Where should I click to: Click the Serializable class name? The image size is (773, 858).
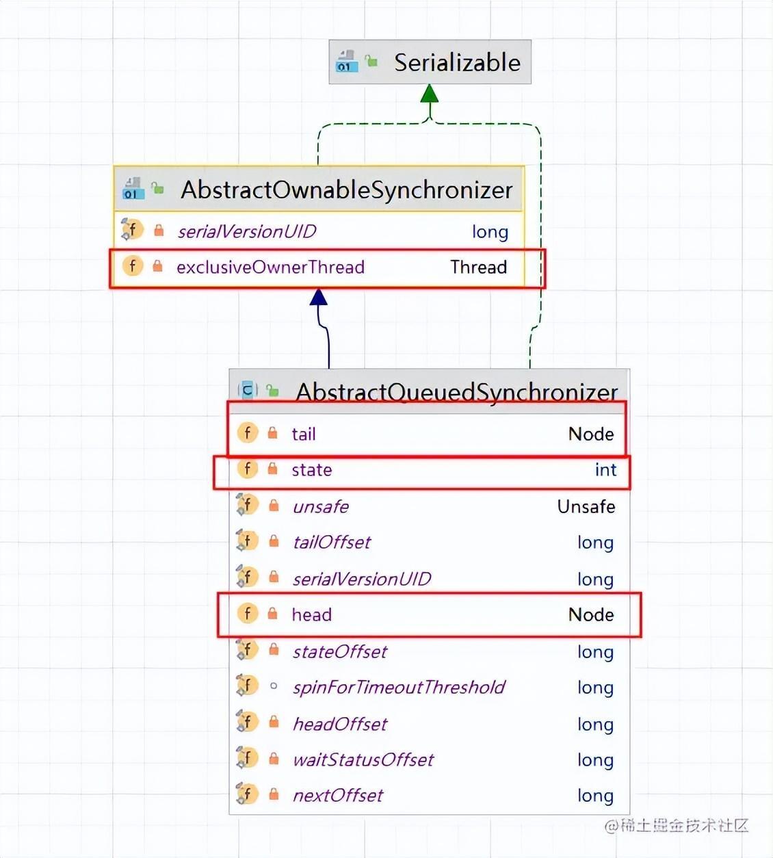(457, 63)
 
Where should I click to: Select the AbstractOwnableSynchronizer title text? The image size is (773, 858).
(346, 190)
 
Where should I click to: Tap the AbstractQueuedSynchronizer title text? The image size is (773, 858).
(456, 392)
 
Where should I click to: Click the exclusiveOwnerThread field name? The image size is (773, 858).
(270, 267)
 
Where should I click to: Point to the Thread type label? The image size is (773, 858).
(478, 267)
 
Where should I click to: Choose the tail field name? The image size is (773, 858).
(303, 434)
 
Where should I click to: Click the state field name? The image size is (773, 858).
(311, 470)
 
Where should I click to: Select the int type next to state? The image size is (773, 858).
(605, 470)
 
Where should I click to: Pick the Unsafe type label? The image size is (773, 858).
(586, 506)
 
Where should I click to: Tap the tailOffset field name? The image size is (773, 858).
(331, 543)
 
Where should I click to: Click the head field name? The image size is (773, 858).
(311, 614)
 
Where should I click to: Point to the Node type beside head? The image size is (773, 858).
(590, 614)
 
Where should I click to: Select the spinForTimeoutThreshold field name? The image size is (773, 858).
(398, 687)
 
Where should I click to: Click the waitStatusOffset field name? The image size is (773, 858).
(363, 759)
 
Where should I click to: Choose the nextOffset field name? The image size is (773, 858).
(337, 795)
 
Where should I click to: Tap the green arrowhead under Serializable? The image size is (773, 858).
(429, 94)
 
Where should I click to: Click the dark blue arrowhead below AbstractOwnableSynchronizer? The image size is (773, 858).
(318, 297)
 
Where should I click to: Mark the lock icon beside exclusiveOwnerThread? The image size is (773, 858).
(157, 266)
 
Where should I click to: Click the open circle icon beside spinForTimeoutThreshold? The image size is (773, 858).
(274, 686)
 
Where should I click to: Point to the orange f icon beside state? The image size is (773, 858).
(247, 469)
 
